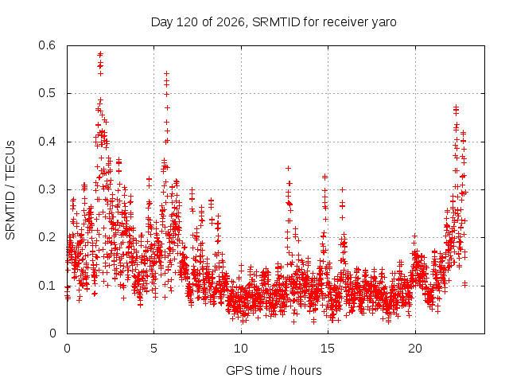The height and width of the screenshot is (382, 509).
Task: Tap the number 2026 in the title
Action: pyautogui.click(x=230, y=22)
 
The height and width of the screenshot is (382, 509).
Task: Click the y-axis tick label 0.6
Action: pyautogui.click(x=47, y=45)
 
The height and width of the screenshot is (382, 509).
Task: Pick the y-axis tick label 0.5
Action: pyautogui.click(x=47, y=93)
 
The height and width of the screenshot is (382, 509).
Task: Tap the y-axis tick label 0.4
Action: pyautogui.click(x=47, y=142)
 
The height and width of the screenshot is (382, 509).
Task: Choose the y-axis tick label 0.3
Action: pyautogui.click(x=47, y=189)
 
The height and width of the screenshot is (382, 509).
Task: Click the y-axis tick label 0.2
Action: pyautogui.click(x=47, y=237)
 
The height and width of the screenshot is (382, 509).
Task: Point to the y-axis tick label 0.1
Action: pyautogui.click(x=47, y=286)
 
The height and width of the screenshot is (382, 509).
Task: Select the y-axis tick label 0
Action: pyautogui.click(x=52, y=333)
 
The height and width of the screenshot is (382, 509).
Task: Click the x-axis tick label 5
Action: pyautogui.click(x=153, y=349)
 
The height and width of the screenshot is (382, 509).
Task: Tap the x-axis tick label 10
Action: pyautogui.click(x=241, y=349)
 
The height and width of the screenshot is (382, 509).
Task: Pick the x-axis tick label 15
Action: pyautogui.click(x=328, y=349)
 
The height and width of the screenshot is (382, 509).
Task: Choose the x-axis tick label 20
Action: pyautogui.click(x=415, y=349)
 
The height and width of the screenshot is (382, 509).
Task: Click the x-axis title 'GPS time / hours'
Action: pyautogui.click(x=274, y=370)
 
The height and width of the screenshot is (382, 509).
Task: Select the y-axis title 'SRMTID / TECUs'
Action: pyautogui.click(x=10, y=190)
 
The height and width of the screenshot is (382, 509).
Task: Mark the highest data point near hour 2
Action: pyautogui.click(x=100, y=53)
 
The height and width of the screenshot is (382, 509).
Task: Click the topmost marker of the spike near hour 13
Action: pyautogui.click(x=288, y=168)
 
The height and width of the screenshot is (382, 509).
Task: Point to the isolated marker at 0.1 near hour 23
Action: pyautogui.click(x=464, y=284)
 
